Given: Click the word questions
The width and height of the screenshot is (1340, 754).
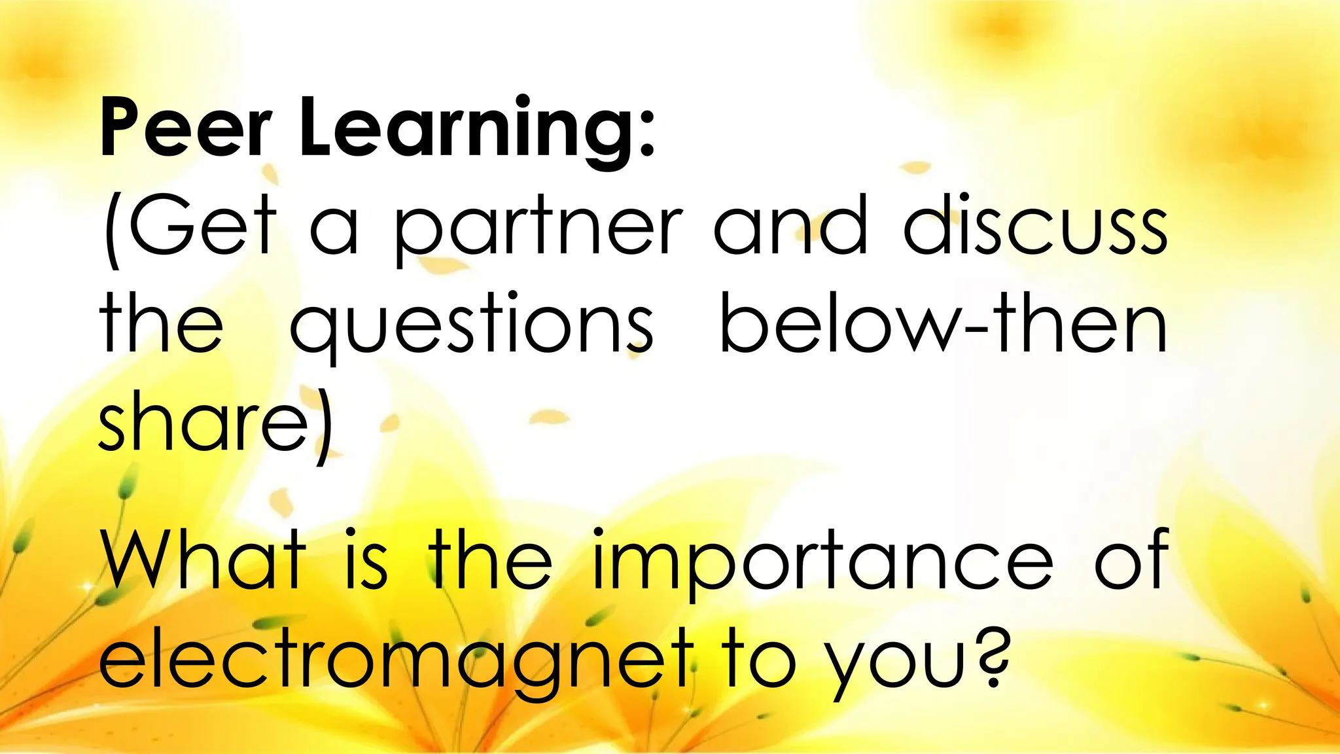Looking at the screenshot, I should (x=472, y=327).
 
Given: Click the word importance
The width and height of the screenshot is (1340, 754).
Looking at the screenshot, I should (x=820, y=563).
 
